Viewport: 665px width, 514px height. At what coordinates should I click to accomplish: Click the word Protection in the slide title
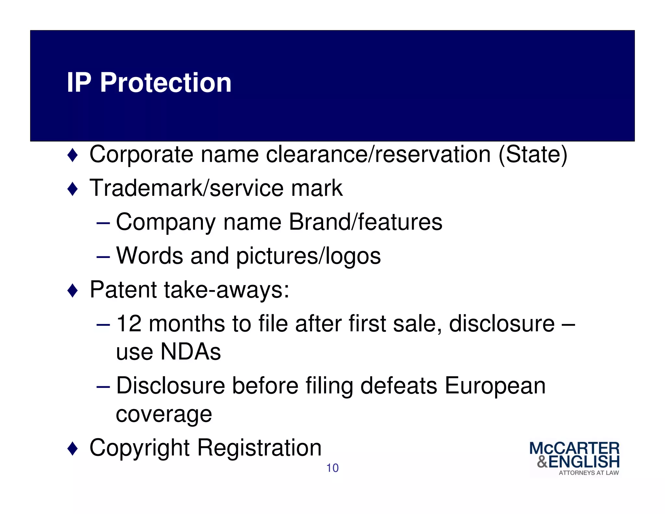click(166, 83)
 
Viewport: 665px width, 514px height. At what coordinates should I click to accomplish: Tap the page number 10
click(332, 468)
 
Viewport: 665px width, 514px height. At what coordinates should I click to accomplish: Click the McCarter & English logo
click(574, 458)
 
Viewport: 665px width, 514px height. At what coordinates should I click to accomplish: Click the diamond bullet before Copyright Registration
click(72, 449)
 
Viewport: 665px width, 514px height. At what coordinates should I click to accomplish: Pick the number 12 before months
click(129, 324)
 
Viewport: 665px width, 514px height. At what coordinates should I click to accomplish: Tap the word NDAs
click(191, 352)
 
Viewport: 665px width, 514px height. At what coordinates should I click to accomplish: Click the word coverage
click(164, 415)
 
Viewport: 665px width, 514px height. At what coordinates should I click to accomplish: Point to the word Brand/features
click(365, 222)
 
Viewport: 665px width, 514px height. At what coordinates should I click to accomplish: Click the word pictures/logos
click(308, 256)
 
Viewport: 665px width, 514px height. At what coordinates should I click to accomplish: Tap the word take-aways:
click(227, 290)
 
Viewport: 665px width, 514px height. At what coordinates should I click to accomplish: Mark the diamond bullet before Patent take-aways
click(72, 290)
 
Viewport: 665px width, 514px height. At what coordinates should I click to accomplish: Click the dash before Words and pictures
click(103, 256)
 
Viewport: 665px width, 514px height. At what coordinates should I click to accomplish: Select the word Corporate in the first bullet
click(141, 155)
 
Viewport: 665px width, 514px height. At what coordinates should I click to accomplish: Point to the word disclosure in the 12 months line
click(502, 324)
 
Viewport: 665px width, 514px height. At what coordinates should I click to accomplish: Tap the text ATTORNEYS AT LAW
click(588, 473)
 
